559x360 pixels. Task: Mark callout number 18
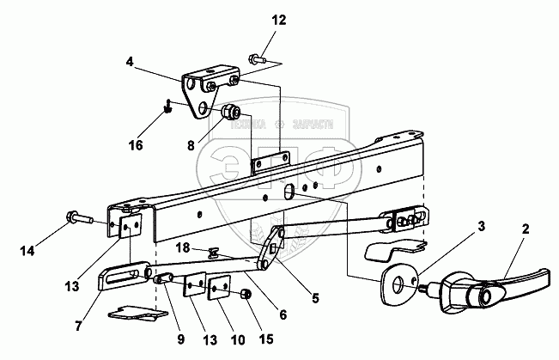click(x=182, y=247)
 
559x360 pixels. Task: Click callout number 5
click(x=315, y=297)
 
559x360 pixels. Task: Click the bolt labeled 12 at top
click(x=257, y=59)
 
